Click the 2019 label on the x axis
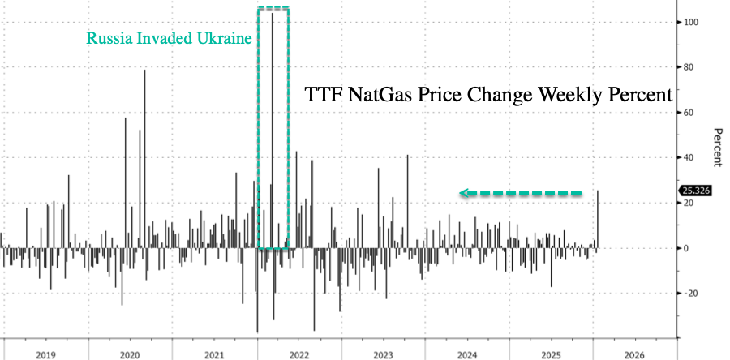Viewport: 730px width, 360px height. coord(45,354)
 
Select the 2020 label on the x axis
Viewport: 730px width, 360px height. coord(130,354)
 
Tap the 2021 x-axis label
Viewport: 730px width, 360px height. coord(214,354)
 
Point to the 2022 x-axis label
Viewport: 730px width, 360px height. coord(298,354)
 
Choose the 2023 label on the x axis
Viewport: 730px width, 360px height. coord(383,354)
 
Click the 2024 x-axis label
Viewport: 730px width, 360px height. coord(467,354)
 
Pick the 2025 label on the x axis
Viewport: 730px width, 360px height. coord(552,354)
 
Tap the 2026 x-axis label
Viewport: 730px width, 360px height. coord(636,354)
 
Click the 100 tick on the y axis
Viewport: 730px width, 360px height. coord(690,22)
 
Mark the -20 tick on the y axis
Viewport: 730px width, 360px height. coord(689,293)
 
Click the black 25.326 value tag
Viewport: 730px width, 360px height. coord(694,191)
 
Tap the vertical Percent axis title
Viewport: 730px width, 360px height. coord(717,147)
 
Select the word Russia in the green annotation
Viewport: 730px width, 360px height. coord(108,37)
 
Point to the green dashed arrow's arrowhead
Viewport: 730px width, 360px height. coord(465,193)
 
